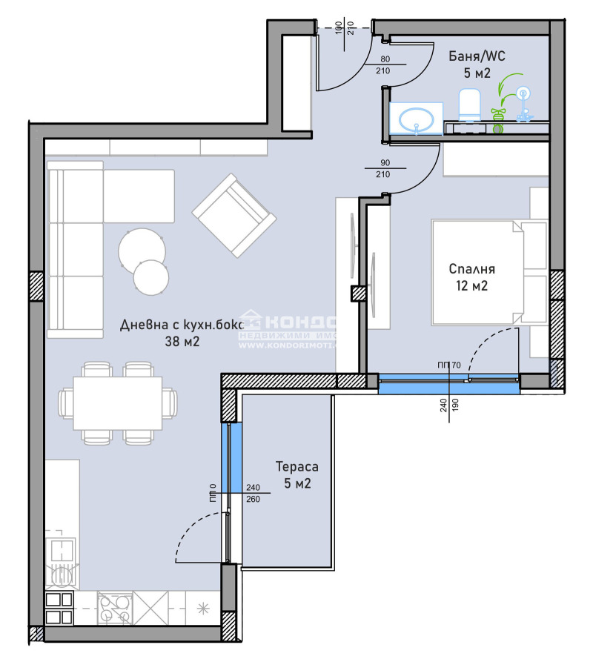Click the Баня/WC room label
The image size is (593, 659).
476,56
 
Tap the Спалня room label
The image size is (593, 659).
471,270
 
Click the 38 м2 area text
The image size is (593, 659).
182,342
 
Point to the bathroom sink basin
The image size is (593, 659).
416,119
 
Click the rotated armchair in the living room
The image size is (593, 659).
233,216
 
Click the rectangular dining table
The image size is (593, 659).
117,403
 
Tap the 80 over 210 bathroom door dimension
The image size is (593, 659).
384,65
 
